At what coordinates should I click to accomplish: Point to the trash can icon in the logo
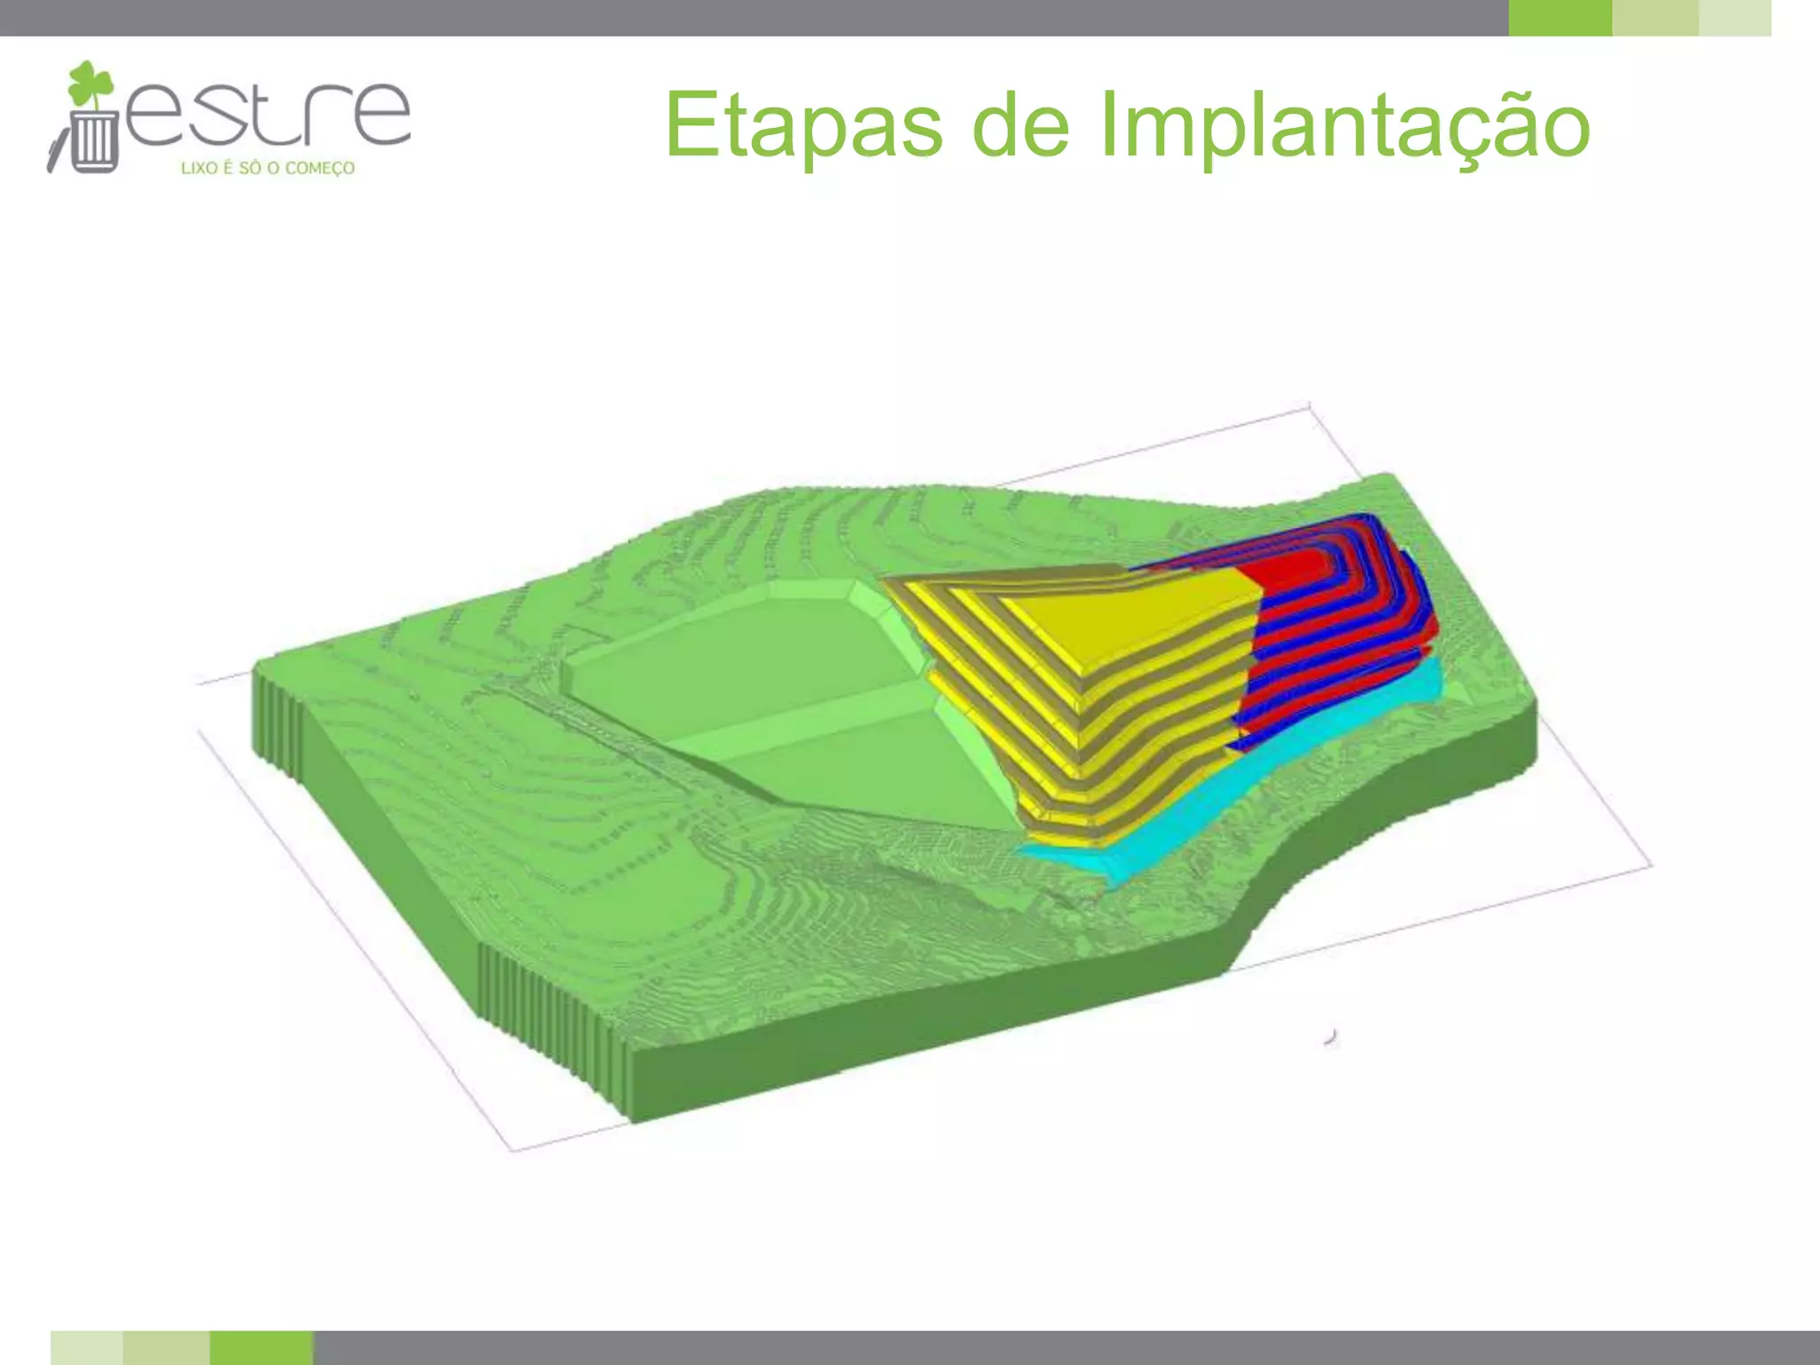pyautogui.click(x=93, y=141)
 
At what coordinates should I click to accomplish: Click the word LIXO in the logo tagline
pyautogui.click(x=199, y=168)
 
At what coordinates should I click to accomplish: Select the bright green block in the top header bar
pyautogui.click(x=1560, y=18)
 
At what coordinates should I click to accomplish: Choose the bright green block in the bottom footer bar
pyautogui.click(x=261, y=1347)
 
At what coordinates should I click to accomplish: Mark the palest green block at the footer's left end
pyautogui.click(x=86, y=1347)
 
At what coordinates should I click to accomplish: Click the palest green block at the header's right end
pyautogui.click(x=1735, y=18)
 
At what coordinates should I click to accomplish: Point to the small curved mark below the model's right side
pyautogui.click(x=1331, y=1036)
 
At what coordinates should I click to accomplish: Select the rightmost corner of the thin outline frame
pyautogui.click(x=1650, y=864)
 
